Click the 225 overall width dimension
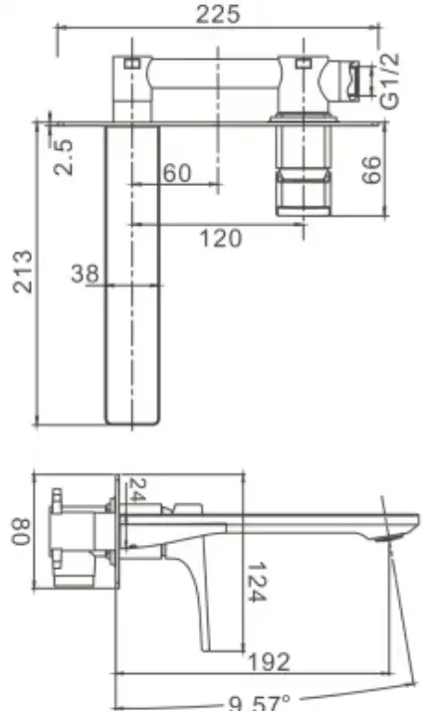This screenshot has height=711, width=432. (x=217, y=14)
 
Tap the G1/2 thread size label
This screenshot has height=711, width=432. (x=390, y=82)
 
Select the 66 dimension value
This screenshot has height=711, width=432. (x=371, y=170)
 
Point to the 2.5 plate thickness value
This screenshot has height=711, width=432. (x=63, y=157)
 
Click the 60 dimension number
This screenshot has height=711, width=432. (x=177, y=173)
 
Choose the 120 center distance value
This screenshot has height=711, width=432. (x=221, y=238)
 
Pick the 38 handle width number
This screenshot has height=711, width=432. (x=85, y=273)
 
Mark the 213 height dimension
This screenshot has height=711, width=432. (x=23, y=271)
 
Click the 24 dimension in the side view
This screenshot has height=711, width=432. (x=136, y=489)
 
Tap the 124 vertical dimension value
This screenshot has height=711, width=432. (x=257, y=582)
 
